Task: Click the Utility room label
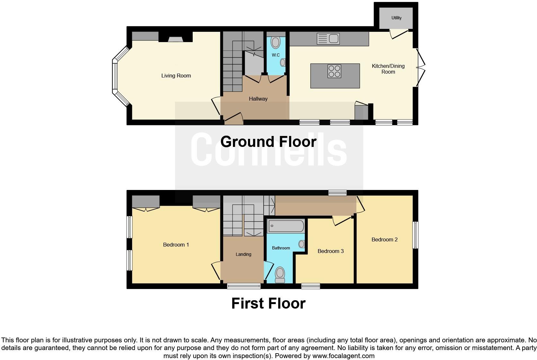coord(396,18)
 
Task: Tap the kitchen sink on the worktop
coord(328,39)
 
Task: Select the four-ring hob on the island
coord(334,71)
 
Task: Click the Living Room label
coord(176,76)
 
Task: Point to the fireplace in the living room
coord(175,39)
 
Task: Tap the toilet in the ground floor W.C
coord(276,42)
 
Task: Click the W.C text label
coord(276,55)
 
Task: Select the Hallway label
coord(258,99)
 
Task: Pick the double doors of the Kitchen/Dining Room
coord(420,67)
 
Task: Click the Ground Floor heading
coord(268,142)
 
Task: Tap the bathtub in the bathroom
coord(286,226)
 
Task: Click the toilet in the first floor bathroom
coord(280,274)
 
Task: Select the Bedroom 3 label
coord(330,251)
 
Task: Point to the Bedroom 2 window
coord(415,235)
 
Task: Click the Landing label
coord(243,255)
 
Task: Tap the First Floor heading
coord(268,303)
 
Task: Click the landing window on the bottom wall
coord(244,286)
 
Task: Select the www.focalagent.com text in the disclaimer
coord(343,356)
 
